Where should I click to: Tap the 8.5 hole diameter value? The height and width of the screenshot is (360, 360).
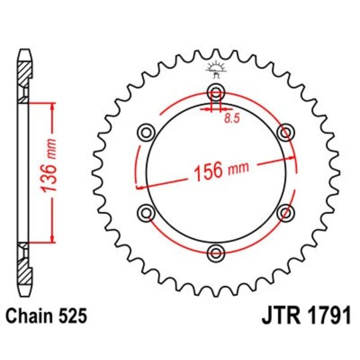230,119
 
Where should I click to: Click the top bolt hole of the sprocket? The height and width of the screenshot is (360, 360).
216,92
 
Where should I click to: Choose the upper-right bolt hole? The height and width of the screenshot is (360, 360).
286,132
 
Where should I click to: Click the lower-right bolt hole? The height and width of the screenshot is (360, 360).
286,213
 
